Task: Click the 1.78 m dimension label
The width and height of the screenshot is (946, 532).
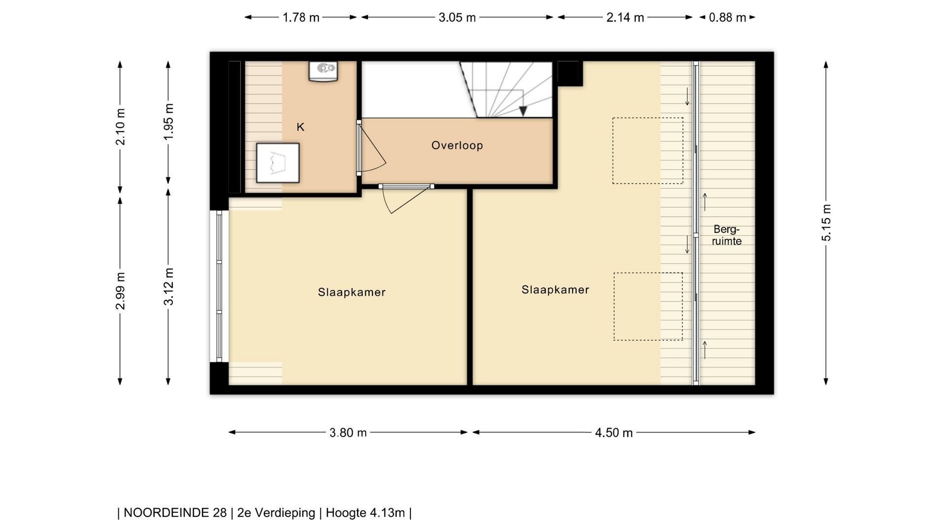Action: click(x=301, y=18)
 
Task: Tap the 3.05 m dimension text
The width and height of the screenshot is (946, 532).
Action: click(x=457, y=18)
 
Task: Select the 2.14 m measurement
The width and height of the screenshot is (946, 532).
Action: click(x=625, y=18)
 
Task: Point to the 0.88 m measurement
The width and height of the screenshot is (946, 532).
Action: click(x=727, y=18)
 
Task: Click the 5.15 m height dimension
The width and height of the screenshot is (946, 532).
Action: click(x=826, y=223)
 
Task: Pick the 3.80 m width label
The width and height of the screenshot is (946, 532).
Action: click(x=348, y=432)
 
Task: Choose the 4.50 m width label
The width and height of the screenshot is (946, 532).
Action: click(x=613, y=432)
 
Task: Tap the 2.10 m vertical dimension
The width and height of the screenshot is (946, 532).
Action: click(x=120, y=127)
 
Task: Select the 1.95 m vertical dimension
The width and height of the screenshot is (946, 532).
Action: click(x=169, y=121)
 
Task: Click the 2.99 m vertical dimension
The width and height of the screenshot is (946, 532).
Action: click(x=120, y=291)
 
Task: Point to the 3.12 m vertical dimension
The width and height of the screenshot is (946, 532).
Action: click(x=169, y=286)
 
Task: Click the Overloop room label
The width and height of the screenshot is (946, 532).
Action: click(x=457, y=145)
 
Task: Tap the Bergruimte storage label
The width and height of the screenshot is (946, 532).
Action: click(x=727, y=235)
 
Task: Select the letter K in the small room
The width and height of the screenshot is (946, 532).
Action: click(x=301, y=127)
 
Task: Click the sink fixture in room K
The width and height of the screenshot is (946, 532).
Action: click(x=323, y=71)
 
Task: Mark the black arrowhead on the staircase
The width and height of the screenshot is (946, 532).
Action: click(x=523, y=111)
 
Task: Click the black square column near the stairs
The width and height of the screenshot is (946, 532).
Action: click(x=570, y=73)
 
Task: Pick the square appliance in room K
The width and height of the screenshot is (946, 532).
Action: click(x=278, y=163)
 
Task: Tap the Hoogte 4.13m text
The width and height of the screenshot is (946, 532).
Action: click(x=365, y=513)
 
